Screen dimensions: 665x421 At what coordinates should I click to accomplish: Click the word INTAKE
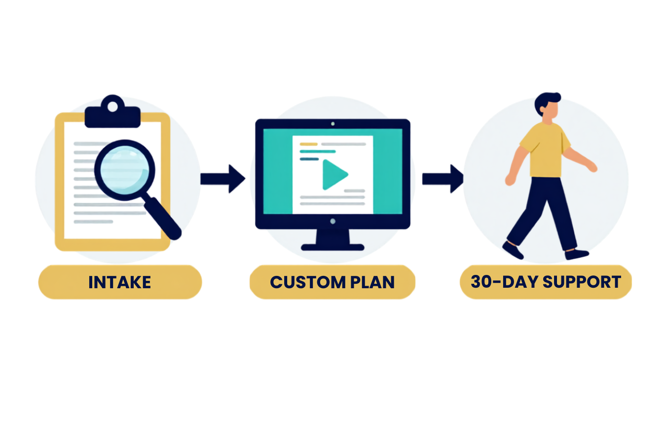120,282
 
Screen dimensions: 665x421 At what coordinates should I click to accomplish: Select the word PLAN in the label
372,282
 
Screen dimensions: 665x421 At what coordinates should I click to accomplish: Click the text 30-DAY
505,282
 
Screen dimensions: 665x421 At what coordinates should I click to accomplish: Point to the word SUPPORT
582,282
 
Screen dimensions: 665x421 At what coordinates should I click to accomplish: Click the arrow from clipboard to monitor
222,179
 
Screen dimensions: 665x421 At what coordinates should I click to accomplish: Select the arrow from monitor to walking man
443,179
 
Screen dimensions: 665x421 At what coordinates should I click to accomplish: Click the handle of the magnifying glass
163,218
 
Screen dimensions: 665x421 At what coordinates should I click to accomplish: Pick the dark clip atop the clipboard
112,113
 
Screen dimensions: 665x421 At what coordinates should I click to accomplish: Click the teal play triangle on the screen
334,175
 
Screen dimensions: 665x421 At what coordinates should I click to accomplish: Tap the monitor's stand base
332,247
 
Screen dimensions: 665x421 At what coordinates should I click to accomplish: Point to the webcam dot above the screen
333,123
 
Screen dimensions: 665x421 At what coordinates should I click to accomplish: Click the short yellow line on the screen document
309,144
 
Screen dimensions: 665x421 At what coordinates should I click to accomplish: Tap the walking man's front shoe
577,254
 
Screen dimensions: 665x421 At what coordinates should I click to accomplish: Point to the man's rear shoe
513,250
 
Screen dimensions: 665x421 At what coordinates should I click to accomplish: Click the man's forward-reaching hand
592,167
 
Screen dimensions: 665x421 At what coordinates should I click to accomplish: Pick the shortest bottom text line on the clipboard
94,222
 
